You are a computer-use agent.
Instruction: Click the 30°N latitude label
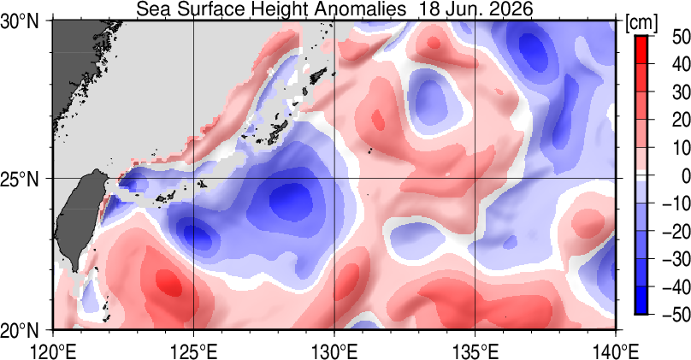20,21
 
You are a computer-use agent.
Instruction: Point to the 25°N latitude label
20,179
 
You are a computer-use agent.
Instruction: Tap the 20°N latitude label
20,329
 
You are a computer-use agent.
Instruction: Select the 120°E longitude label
52,351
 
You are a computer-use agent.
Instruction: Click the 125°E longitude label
193,351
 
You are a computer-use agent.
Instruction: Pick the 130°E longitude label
334,351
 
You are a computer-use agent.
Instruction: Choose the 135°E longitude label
475,351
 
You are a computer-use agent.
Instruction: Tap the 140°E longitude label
616,351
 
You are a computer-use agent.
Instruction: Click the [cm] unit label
641,23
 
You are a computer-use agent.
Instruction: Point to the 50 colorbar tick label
681,37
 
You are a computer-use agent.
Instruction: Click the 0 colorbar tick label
685,176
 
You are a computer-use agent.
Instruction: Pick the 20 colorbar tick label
681,121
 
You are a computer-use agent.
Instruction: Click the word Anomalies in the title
362,9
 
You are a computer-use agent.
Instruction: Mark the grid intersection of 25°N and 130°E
334,179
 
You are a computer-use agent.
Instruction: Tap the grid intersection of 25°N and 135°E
475,179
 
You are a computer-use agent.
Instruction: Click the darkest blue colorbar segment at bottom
641,299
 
